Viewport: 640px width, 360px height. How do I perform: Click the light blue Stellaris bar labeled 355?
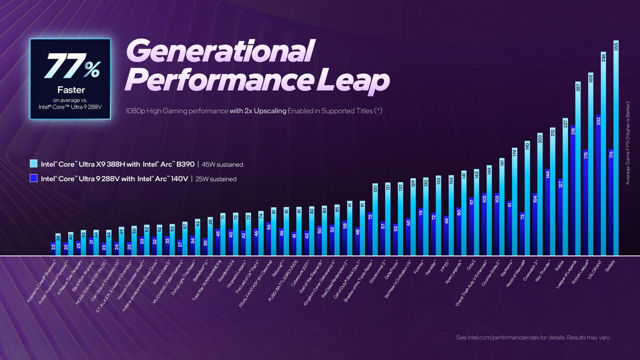pyautogui.click(x=616, y=149)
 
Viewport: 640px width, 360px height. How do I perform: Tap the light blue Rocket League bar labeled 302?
pyautogui.click(x=590, y=165)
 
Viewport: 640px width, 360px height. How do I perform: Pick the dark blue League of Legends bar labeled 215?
pyautogui.click(x=572, y=192)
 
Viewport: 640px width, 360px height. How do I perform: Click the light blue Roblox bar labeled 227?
pyautogui.click(x=565, y=187)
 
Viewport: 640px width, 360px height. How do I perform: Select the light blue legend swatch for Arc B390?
pyautogui.click(x=34, y=164)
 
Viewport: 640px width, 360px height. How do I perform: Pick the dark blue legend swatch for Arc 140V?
pyautogui.click(x=34, y=179)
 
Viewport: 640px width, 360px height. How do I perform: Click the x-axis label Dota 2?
pyautogui.click(x=469, y=266)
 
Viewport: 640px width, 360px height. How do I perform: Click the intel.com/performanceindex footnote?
pyautogui.click(x=533, y=338)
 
